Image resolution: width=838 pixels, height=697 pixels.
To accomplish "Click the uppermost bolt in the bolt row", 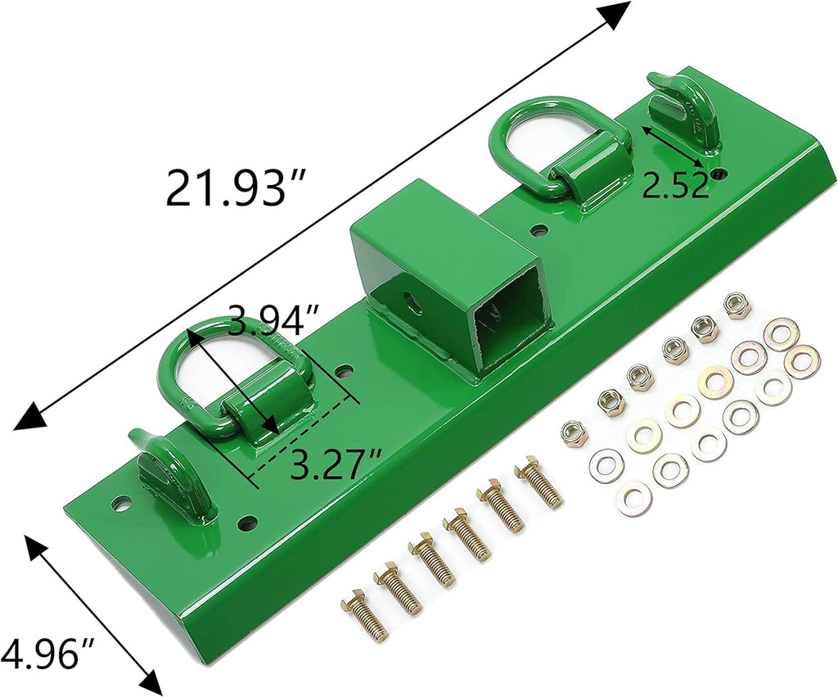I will (539, 484).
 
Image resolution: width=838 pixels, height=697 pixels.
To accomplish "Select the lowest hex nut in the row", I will (575, 432).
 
